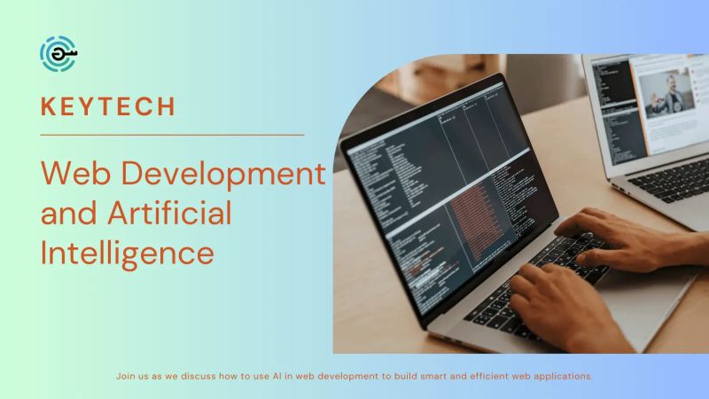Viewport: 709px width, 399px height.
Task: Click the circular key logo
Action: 58,54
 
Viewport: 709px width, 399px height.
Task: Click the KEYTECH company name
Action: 108,106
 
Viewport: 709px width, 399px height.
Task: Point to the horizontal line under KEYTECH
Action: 173,135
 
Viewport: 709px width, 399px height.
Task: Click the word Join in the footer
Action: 126,376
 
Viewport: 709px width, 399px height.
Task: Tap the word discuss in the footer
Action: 196,376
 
